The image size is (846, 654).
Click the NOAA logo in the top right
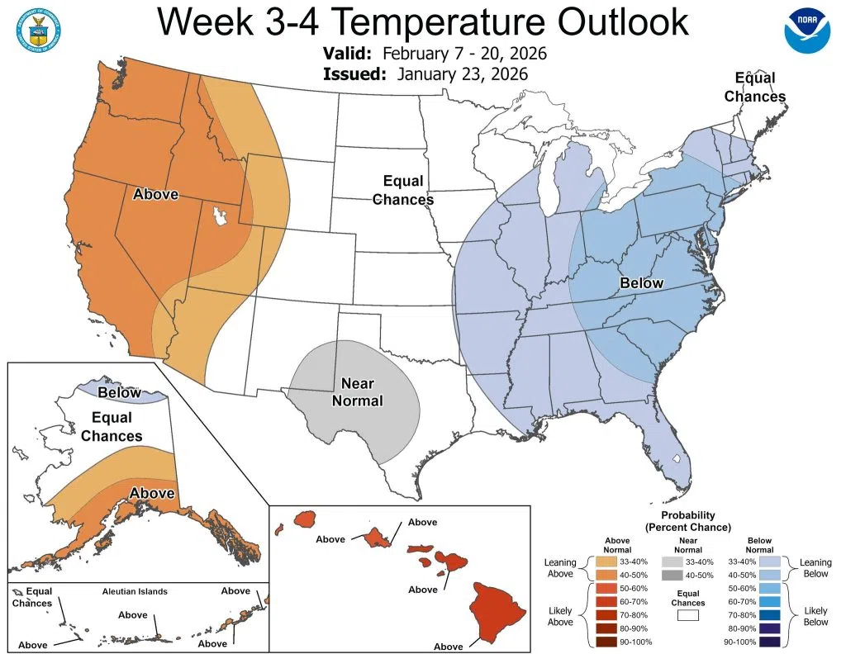tap(806, 31)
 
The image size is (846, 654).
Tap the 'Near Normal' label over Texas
tap(357, 392)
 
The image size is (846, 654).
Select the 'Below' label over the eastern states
tap(641, 283)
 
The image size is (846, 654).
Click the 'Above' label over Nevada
tap(155, 195)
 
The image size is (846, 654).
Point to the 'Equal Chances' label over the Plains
tap(403, 190)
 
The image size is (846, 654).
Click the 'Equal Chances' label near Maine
tap(755, 88)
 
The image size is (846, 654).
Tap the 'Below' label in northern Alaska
tap(119, 392)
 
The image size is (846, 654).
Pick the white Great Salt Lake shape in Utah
tap(219, 217)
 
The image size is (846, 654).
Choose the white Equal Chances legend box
tap(687, 614)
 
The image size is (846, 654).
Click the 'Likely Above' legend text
tap(560, 616)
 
